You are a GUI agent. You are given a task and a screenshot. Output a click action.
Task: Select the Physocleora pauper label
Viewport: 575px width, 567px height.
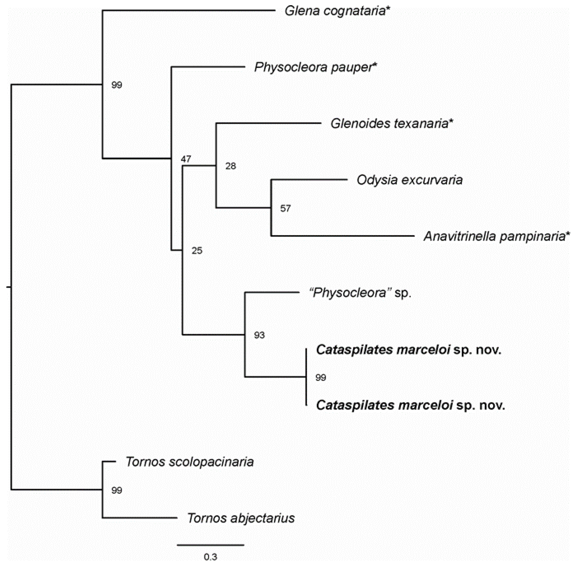(x=315, y=67)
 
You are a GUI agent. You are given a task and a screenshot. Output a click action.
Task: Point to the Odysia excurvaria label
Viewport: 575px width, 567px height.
(x=410, y=180)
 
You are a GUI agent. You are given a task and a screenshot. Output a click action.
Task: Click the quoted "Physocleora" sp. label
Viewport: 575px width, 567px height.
(x=360, y=293)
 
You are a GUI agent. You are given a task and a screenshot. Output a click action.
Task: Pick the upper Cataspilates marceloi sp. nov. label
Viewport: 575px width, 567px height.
(x=409, y=350)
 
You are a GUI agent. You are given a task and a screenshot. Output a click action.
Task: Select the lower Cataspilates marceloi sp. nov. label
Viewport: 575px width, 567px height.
(x=410, y=405)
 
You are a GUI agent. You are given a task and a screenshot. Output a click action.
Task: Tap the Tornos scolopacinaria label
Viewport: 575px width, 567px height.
(x=190, y=462)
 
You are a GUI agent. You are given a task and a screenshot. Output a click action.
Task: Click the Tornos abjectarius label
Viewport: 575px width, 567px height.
(x=241, y=518)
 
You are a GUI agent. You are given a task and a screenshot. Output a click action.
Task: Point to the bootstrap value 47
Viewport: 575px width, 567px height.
(x=186, y=159)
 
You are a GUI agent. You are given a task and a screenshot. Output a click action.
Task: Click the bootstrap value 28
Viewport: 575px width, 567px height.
(x=231, y=166)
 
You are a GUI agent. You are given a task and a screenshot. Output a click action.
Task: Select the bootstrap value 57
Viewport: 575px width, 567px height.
(x=285, y=208)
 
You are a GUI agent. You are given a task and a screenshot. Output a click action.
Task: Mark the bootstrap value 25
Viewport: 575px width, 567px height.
(x=197, y=251)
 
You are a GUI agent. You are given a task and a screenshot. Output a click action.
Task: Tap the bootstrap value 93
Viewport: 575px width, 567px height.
(x=259, y=335)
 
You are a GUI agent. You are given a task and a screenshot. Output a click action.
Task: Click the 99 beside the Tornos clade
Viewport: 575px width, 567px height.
(x=117, y=490)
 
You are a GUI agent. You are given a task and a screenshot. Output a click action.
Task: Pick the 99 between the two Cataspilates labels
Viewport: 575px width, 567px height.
(x=321, y=378)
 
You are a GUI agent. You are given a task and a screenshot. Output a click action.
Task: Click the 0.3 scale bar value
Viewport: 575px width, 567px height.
(x=211, y=557)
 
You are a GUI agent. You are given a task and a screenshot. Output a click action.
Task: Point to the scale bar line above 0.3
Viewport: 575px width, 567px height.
(x=211, y=545)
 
